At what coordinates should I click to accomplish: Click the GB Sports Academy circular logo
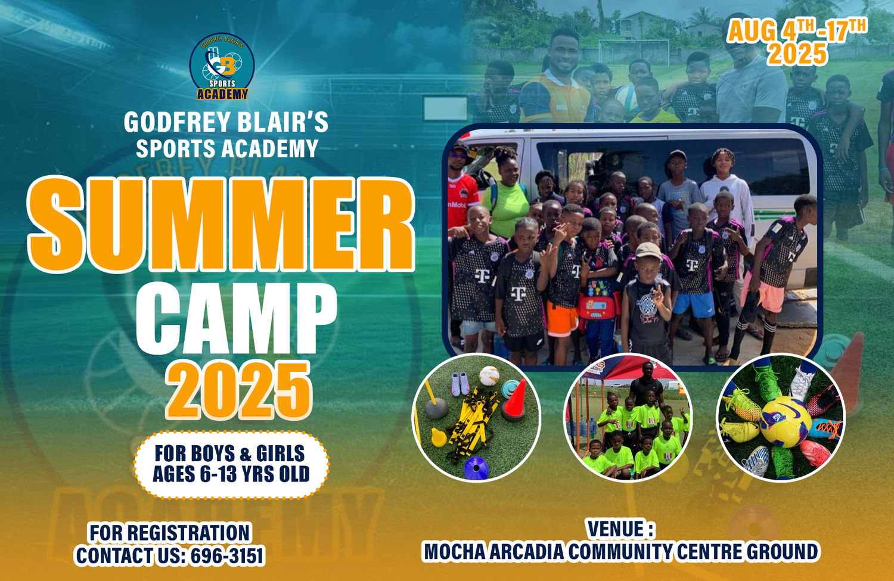(x=222, y=66)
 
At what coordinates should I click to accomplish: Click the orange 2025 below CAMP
(x=238, y=390)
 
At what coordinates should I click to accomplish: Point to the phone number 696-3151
(x=227, y=555)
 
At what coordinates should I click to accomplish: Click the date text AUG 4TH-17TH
(x=797, y=30)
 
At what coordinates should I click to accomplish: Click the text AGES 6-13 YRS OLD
(x=231, y=474)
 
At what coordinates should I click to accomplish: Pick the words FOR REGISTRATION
(x=170, y=533)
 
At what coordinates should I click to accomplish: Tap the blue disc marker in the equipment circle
(x=476, y=468)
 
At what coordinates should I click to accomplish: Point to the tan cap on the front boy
(x=648, y=251)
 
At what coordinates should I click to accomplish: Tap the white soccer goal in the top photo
(x=634, y=51)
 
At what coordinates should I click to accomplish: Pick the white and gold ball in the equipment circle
(x=489, y=375)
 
